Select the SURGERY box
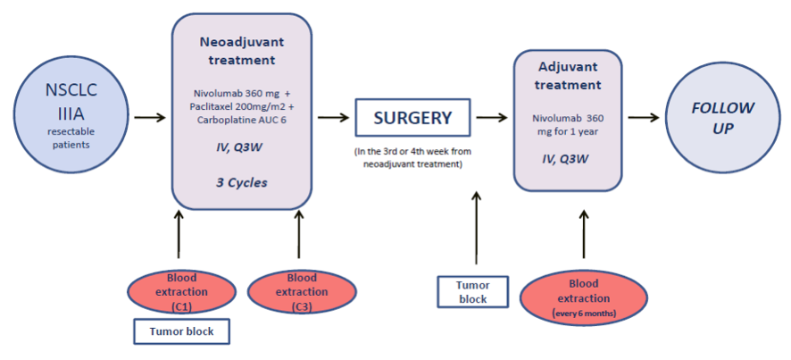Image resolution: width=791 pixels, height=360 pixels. [412, 118]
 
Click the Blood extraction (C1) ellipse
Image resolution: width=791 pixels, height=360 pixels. [181, 292]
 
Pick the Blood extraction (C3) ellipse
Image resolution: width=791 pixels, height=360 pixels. [302, 292]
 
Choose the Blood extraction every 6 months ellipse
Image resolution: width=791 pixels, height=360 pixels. [584, 298]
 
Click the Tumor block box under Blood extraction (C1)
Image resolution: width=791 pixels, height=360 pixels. [181, 331]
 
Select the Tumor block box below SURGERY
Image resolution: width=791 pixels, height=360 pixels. [472, 291]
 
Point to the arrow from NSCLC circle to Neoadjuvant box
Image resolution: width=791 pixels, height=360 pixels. [147, 118]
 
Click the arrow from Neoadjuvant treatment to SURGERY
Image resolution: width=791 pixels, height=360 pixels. [333, 118]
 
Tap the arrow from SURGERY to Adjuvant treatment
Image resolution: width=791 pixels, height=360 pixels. [492, 118]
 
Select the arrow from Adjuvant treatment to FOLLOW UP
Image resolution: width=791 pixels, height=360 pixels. [644, 118]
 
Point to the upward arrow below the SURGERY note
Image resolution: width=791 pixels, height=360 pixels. [476, 228]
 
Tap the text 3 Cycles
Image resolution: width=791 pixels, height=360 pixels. [242, 182]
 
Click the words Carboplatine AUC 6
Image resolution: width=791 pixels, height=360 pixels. [242, 121]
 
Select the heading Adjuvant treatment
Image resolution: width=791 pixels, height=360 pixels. [568, 76]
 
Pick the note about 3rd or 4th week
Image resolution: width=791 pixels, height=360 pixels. [413, 157]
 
